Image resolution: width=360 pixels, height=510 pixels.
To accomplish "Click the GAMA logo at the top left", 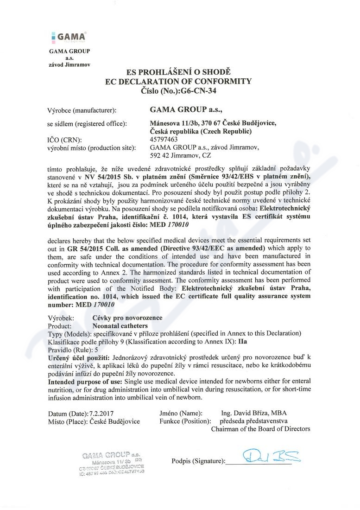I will (69, 36).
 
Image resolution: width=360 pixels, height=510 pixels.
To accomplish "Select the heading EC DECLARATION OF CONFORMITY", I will (178, 82).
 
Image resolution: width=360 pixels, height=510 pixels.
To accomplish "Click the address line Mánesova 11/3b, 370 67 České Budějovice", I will (213, 123).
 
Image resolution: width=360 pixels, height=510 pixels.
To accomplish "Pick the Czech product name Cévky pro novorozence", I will (127, 318).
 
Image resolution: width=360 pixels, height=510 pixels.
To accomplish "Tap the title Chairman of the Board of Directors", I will (260, 429).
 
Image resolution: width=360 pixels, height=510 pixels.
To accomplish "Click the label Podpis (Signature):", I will (198, 461).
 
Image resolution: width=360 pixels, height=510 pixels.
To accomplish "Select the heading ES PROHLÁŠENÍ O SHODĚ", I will (178, 72).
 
